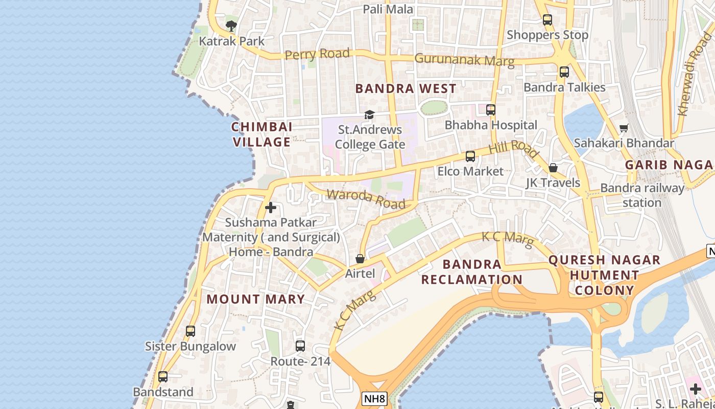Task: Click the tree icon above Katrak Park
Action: click(231, 26)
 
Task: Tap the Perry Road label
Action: click(317, 54)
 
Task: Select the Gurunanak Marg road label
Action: click(464, 60)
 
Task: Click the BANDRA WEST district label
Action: click(406, 88)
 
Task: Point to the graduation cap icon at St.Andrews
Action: click(369, 115)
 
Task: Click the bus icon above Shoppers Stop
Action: click(547, 20)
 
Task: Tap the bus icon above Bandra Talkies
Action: click(564, 72)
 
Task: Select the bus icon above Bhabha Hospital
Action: click(491, 110)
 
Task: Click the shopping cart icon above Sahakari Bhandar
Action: click(624, 128)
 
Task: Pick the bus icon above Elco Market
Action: click(470, 156)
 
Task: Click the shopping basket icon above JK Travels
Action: click(553, 168)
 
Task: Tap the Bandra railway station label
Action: click(642, 195)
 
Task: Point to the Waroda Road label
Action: click(366, 199)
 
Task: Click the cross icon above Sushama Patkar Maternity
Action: click(271, 208)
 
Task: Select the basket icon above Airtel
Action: click(360, 259)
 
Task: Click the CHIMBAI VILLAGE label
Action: click(261, 134)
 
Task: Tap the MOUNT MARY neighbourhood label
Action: click(255, 299)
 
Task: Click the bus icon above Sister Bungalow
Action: click(190, 331)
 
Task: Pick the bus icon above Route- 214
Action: click(300, 346)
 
